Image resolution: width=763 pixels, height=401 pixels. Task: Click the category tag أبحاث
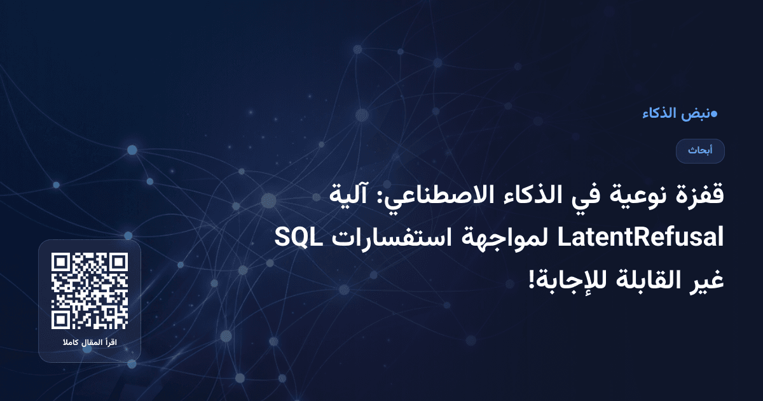(x=701, y=151)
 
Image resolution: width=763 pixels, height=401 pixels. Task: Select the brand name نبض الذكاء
(x=675, y=114)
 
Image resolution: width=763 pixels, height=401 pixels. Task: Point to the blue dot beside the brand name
(x=714, y=114)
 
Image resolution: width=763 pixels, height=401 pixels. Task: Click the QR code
(x=90, y=291)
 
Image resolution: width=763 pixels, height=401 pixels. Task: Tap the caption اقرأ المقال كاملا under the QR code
(x=90, y=344)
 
